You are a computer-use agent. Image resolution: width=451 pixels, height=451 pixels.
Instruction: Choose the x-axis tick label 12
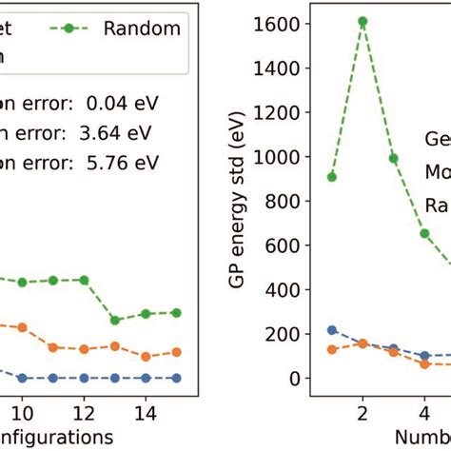84,411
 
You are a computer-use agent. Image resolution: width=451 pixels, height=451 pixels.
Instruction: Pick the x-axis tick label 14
145,411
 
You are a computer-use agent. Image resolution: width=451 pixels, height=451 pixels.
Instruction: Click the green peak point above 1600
363,20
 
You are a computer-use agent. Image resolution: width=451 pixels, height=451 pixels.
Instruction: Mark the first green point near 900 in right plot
331,176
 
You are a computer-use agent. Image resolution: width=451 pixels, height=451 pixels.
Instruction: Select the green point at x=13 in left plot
114,320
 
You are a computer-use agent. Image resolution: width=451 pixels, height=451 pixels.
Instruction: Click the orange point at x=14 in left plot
145,357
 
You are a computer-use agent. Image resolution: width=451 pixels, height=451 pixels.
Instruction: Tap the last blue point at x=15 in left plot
175,378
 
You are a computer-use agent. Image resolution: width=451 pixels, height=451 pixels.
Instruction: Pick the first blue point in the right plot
331,330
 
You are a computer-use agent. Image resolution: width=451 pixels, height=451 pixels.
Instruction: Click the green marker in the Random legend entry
92,29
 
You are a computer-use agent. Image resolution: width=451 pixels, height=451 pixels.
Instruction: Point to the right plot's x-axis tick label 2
363,411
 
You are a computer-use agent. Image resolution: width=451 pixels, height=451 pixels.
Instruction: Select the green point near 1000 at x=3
393,158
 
